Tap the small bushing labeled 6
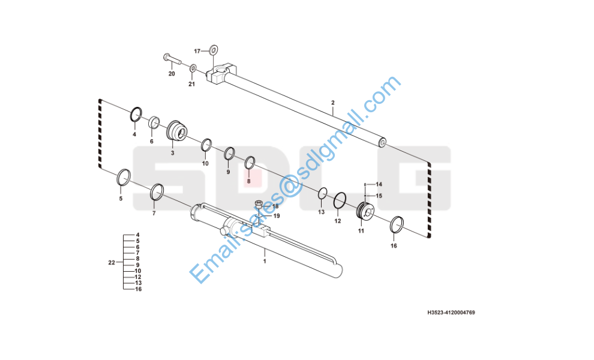154,123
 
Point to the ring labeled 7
157,191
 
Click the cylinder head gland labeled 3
176,131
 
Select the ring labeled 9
230,154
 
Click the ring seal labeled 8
250,162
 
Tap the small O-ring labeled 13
322,193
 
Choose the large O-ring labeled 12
340,200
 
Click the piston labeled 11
365,211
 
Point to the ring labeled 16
397,224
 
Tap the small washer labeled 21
193,69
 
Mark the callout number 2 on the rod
332,103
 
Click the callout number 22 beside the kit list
111,263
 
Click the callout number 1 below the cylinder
264,262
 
